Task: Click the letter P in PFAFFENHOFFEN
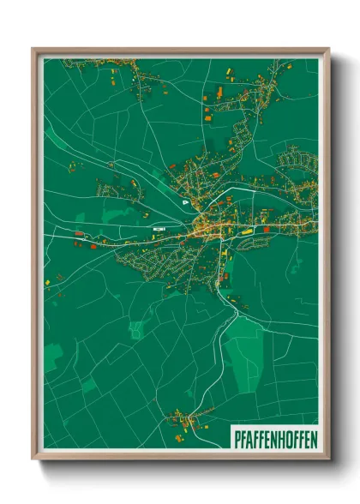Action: point(236,438)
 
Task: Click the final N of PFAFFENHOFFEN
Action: point(314,438)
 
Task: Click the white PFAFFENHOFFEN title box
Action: point(274,438)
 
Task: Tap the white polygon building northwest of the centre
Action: point(185,202)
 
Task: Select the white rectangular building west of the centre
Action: point(158,230)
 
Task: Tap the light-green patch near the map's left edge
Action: point(53,357)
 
